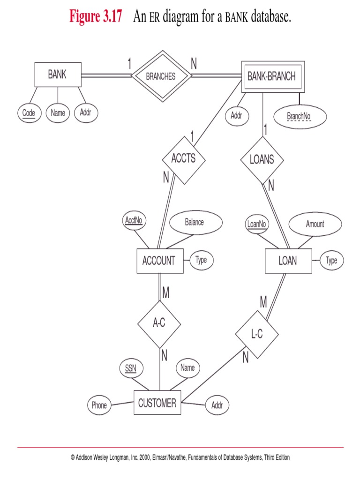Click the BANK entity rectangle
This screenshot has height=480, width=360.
pos(57,75)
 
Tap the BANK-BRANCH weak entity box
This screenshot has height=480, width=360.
pos(272,76)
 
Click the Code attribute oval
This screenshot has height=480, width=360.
pos(29,113)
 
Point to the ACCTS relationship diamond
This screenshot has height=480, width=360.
pos(184,159)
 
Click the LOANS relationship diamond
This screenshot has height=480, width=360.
pos(262,160)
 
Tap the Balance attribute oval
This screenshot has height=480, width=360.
pos(194,222)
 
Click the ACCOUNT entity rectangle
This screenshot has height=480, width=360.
pos(159,261)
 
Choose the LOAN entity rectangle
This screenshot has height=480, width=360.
pos(287,261)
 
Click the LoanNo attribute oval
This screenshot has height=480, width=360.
pos(256,224)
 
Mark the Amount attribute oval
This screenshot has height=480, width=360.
pos(315,224)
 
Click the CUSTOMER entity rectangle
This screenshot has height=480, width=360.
pos(157,403)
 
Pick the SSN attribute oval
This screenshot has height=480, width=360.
pos(131,368)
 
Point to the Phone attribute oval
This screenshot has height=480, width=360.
pos(99,405)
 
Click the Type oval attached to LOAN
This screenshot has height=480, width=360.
pos(331,261)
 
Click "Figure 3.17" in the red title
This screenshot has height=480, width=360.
pos(96,17)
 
